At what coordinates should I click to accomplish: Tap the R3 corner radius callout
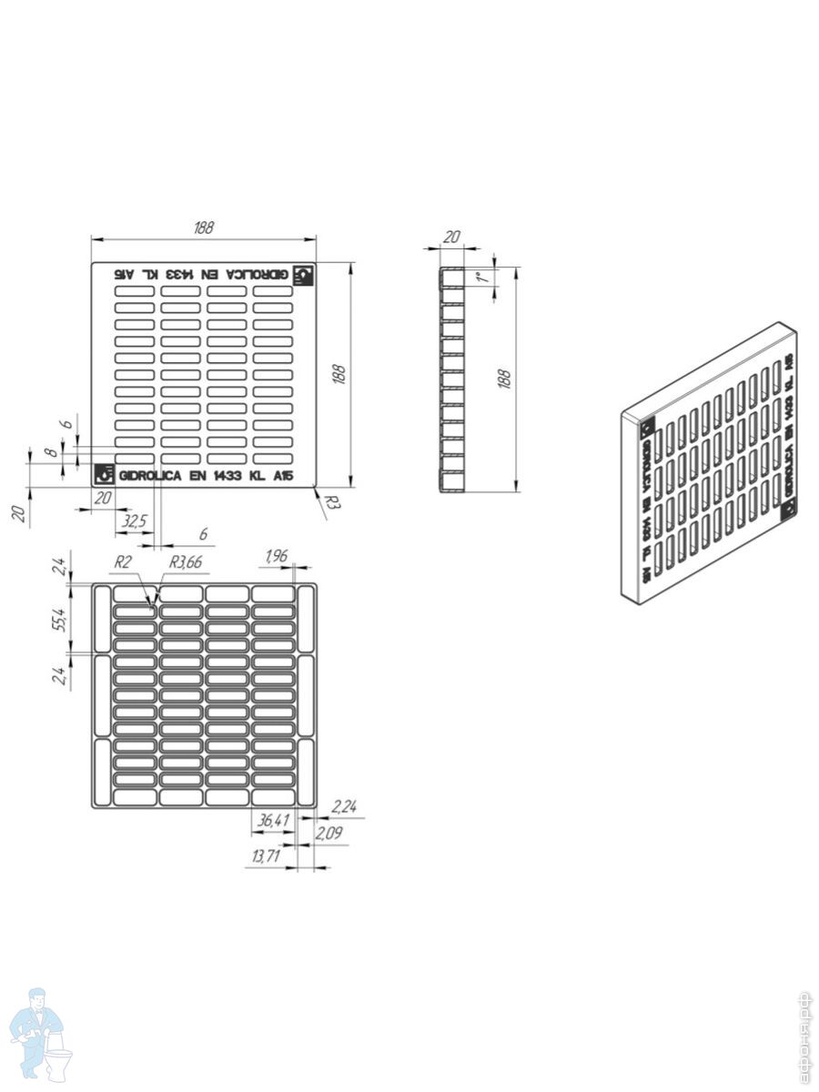[x=332, y=500]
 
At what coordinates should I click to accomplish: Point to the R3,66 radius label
[x=185, y=563]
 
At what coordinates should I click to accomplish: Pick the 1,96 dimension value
[x=276, y=556]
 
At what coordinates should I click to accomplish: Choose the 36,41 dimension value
[x=273, y=821]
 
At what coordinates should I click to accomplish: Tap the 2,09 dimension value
[x=329, y=833]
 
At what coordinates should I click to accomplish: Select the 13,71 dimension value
[x=267, y=856]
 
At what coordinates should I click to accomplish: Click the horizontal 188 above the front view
[x=203, y=227]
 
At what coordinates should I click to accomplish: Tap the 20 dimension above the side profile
[x=450, y=237]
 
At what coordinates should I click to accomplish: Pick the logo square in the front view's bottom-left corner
[x=104, y=474]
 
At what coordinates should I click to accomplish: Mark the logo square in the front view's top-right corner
[x=304, y=275]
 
